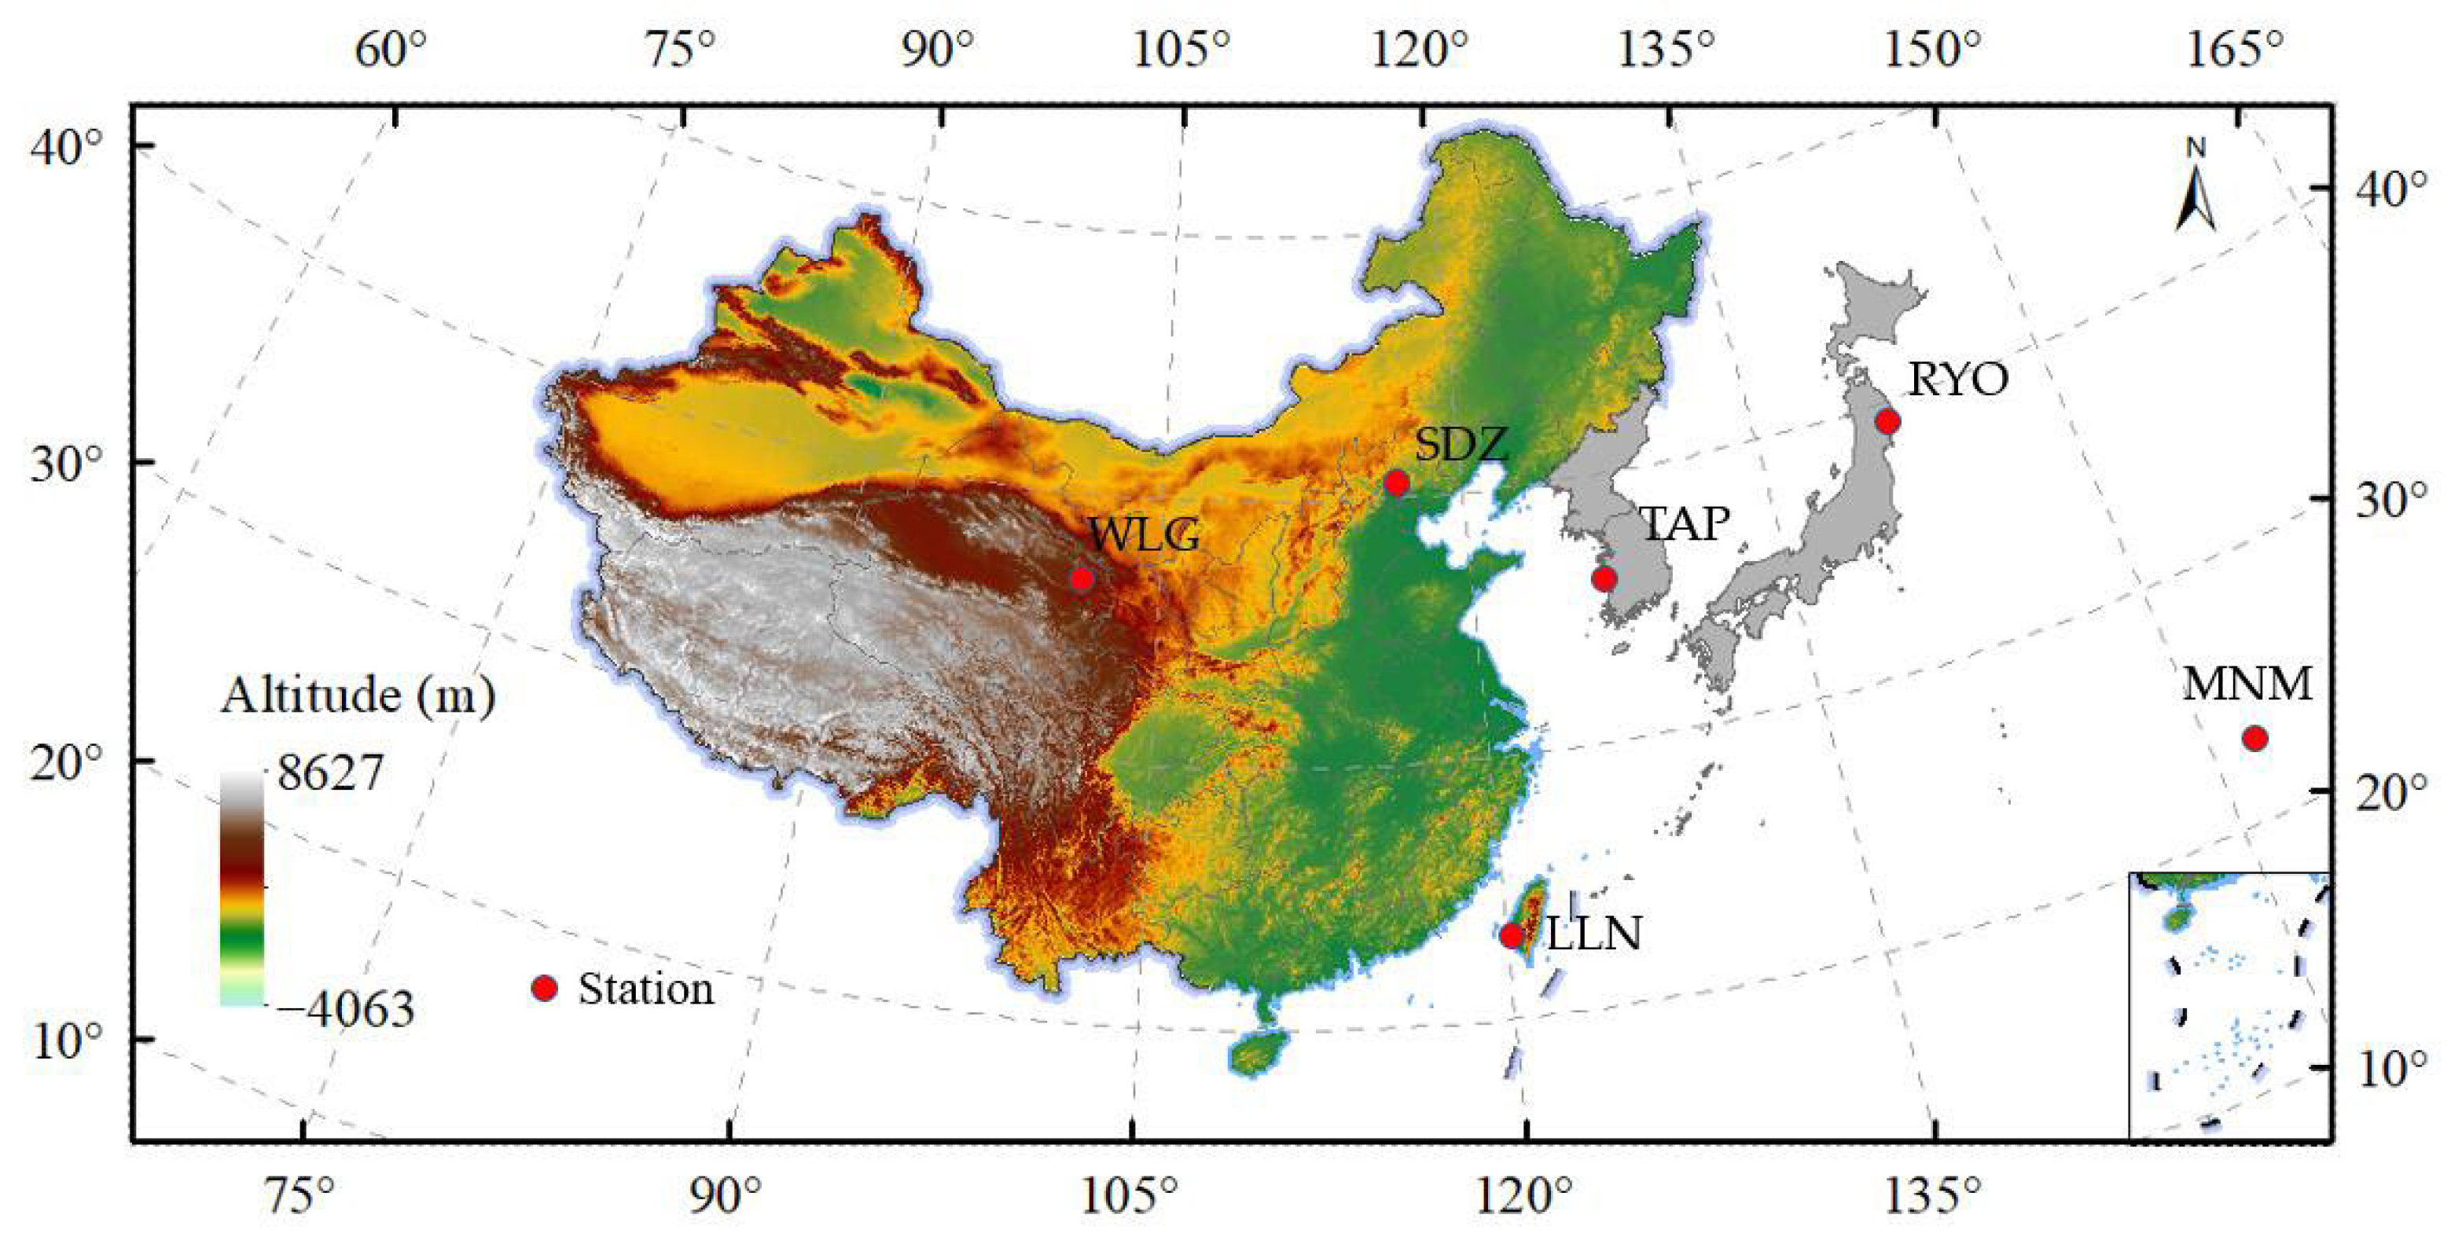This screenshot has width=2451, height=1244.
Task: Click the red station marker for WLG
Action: [x=1082, y=579]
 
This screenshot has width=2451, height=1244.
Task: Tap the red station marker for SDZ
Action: [x=1397, y=483]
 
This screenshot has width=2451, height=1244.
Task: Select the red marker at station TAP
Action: [x=1604, y=578]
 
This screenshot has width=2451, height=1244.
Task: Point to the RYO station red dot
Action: [x=1887, y=421]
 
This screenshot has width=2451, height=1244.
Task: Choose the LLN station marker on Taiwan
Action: [x=1511, y=936]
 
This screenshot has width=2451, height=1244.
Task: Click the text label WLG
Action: [x=1144, y=535]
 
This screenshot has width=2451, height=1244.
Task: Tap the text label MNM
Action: [x=2247, y=684]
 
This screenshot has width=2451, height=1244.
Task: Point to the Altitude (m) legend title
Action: [x=358, y=696]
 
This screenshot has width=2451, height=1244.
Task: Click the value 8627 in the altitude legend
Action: [x=330, y=772]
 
